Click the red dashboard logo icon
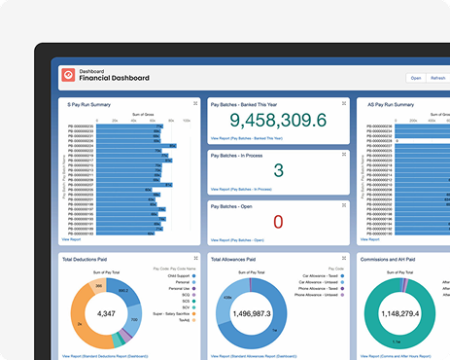67,74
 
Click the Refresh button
437,77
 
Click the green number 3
278,171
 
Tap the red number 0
278,222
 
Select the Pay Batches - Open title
236,205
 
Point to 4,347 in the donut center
106,314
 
